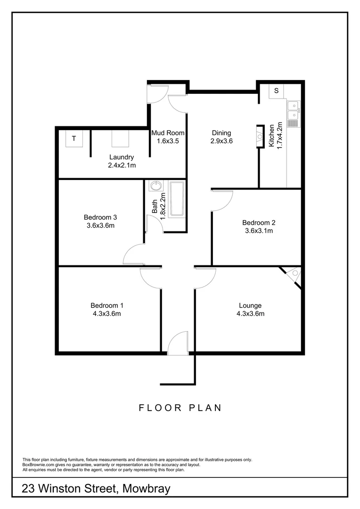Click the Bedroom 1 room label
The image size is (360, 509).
point(106,305)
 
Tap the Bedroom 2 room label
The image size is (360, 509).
point(259,222)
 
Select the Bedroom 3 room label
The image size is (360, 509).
point(100,217)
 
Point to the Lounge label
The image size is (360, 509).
point(250,305)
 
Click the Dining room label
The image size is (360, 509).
point(221,133)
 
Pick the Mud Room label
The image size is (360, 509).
point(168,133)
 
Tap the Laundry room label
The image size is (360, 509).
point(122,157)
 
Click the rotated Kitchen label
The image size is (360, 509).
point(272,137)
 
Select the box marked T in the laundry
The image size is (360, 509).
point(74,139)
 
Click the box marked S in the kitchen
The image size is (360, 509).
point(277,90)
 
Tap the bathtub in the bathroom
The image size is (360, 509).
point(177,199)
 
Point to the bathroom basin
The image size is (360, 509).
point(155,186)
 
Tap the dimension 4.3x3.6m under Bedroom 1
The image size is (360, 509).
point(106,314)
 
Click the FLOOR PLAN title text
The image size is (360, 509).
point(180,408)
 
